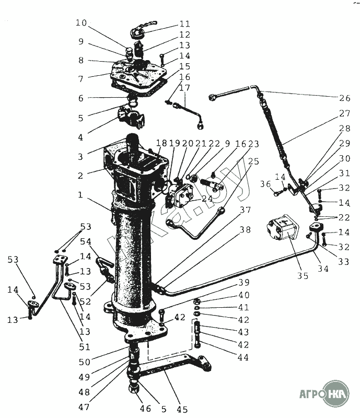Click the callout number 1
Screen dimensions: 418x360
point(80,194)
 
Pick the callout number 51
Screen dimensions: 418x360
point(84,346)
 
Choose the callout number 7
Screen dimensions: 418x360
point(80,79)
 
